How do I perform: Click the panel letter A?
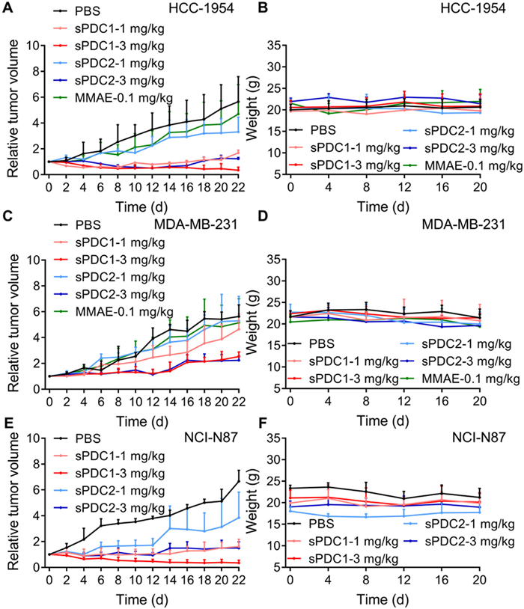7,9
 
